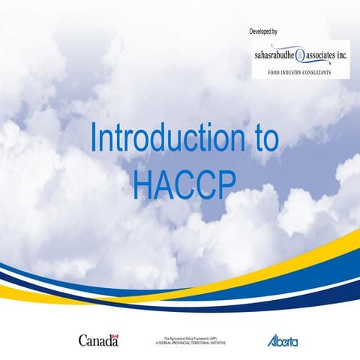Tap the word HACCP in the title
point(179,184)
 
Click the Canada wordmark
point(98,320)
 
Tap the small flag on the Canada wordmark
point(115,316)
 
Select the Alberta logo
point(283,320)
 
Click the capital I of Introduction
point(92,139)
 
